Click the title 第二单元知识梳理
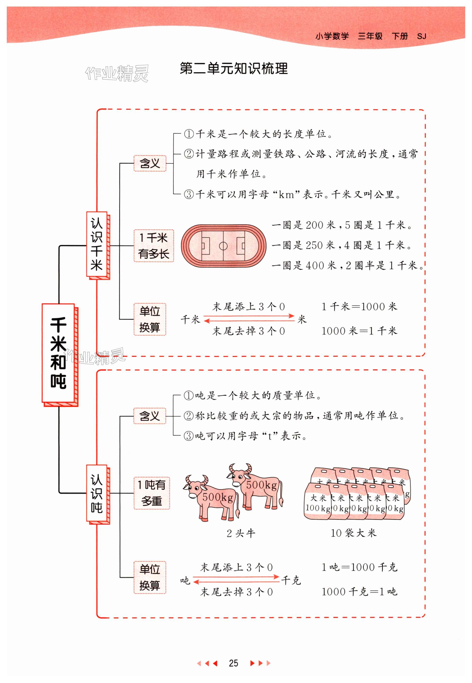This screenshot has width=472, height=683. pos(234,69)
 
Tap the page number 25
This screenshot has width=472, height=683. pos(233,663)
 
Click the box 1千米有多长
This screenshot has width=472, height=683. pos(153,246)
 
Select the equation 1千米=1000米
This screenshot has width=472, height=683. pos(359,307)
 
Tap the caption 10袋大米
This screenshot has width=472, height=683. pos(354,533)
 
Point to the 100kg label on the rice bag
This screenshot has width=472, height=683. pos(318,508)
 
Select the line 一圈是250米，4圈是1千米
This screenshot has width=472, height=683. pos(342,245)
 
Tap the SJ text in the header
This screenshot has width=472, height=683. pos(421,36)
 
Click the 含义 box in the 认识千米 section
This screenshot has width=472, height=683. pos(150,163)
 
